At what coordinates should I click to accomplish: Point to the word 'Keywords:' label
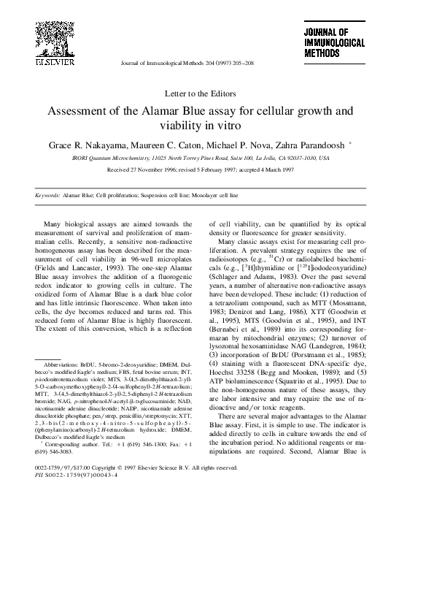tap(47, 196)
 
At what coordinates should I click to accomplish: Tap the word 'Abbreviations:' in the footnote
tap(63, 362)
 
